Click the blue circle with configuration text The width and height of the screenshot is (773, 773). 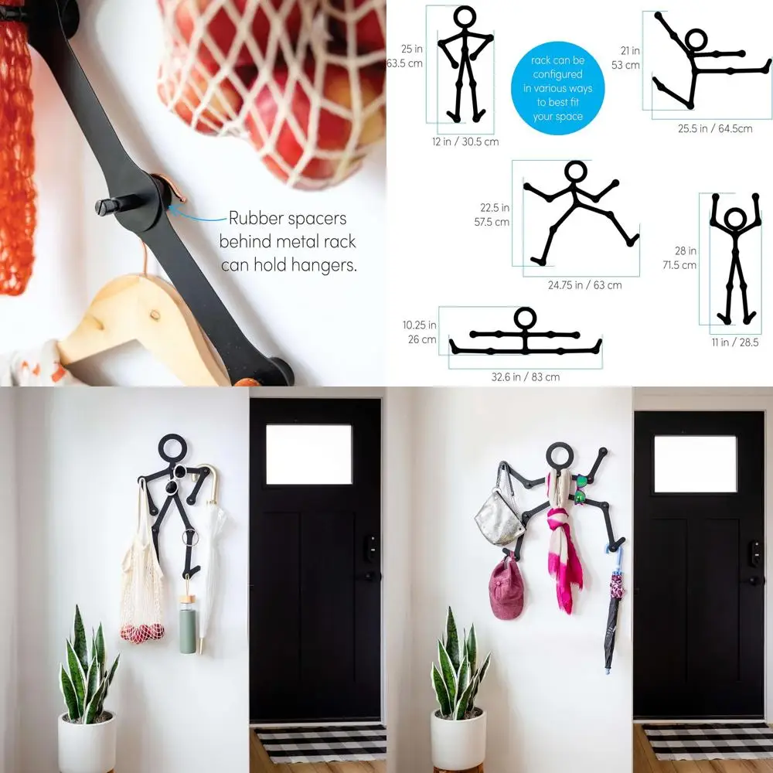click(557, 88)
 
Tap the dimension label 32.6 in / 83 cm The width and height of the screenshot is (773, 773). click(525, 377)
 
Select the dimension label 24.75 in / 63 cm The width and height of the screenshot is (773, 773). click(584, 285)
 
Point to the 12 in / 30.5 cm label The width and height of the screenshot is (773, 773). click(465, 141)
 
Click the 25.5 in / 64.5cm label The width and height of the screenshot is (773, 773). click(715, 129)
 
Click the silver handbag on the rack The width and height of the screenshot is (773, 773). click(500, 514)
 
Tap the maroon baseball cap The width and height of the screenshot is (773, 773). click(506, 589)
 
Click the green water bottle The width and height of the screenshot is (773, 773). click(188, 626)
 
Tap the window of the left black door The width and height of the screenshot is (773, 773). click(308, 455)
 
